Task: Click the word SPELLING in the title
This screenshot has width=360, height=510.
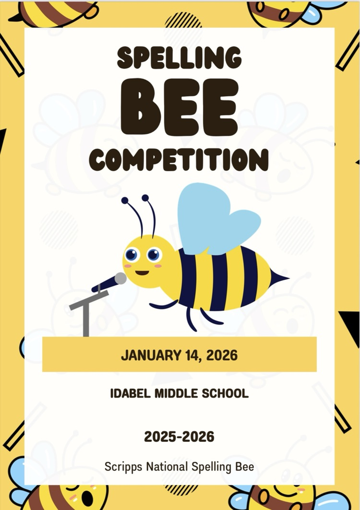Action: [x=179, y=57]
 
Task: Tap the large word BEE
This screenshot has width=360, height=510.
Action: [x=180, y=107]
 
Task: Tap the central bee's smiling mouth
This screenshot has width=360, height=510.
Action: [x=142, y=273]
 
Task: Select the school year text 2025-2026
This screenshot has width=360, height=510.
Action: [x=179, y=437]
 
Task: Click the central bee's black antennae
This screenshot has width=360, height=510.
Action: [x=142, y=214]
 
